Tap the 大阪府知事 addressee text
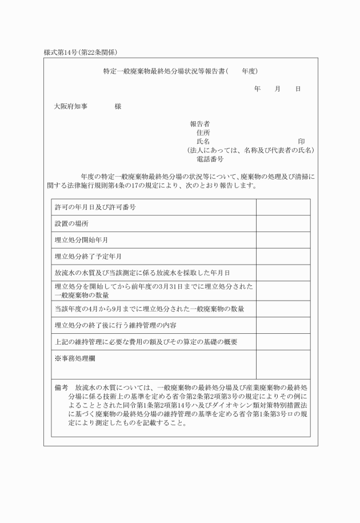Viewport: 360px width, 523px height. pyautogui.click(x=71, y=106)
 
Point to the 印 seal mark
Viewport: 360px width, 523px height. pyautogui.click(x=301, y=141)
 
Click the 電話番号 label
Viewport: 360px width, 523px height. pyautogui.click(x=210, y=159)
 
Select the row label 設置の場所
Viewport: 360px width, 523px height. pyautogui.click(x=71, y=223)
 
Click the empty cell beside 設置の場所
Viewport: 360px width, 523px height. pyautogui.click(x=283, y=223)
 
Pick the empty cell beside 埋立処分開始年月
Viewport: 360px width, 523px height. pyautogui.click(x=283, y=240)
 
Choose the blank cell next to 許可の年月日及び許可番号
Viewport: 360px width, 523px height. pyautogui.click(x=283, y=207)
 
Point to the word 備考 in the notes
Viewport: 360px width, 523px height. pyautogui.click(x=61, y=388)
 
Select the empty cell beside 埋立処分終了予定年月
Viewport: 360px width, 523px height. pyautogui.click(x=283, y=257)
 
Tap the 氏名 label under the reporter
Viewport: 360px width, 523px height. pyautogui.click(x=203, y=141)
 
